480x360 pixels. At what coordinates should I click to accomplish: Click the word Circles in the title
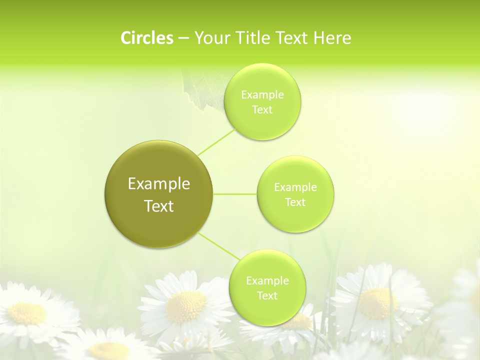146,38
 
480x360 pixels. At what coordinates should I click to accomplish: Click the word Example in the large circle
159,184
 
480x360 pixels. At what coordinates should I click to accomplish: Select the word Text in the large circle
159,206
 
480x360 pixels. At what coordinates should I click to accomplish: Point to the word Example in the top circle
262,95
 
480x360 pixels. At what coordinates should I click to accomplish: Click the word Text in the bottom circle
267,295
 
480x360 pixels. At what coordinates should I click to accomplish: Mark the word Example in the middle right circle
295,187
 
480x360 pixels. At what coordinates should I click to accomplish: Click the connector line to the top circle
216,141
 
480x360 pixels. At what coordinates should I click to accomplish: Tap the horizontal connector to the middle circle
235,193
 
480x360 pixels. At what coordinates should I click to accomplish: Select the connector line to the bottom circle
219,246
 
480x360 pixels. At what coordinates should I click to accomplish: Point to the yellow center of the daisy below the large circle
186,306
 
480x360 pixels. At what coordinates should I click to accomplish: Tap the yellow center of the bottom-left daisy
27,313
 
